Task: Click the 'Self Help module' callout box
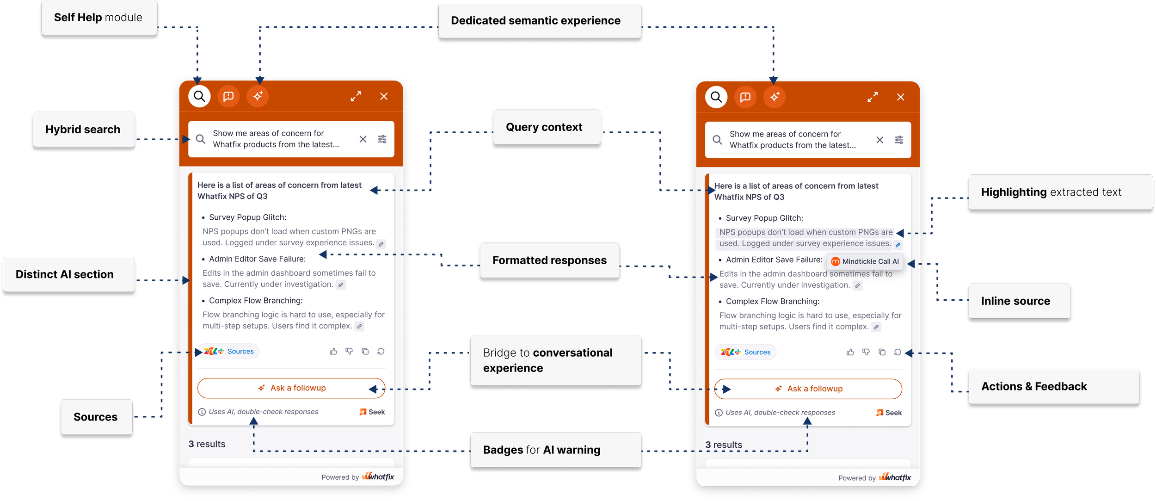coord(98,18)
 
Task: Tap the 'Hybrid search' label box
coord(83,130)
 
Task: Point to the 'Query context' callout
coord(544,127)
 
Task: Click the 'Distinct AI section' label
coord(65,274)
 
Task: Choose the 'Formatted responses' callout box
coord(549,260)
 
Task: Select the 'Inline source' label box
coord(1015,301)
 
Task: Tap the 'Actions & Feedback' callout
coord(1034,387)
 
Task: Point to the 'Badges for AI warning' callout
coord(542,450)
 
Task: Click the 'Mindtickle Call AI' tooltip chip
coord(865,262)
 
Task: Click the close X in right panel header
coord(901,97)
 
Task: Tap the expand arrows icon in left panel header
coord(356,97)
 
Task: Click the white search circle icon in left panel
coord(199,96)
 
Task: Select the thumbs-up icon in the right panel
coord(850,353)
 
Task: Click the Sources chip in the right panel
coord(746,353)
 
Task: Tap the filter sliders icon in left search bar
coord(382,139)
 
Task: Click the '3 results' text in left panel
coord(207,444)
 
